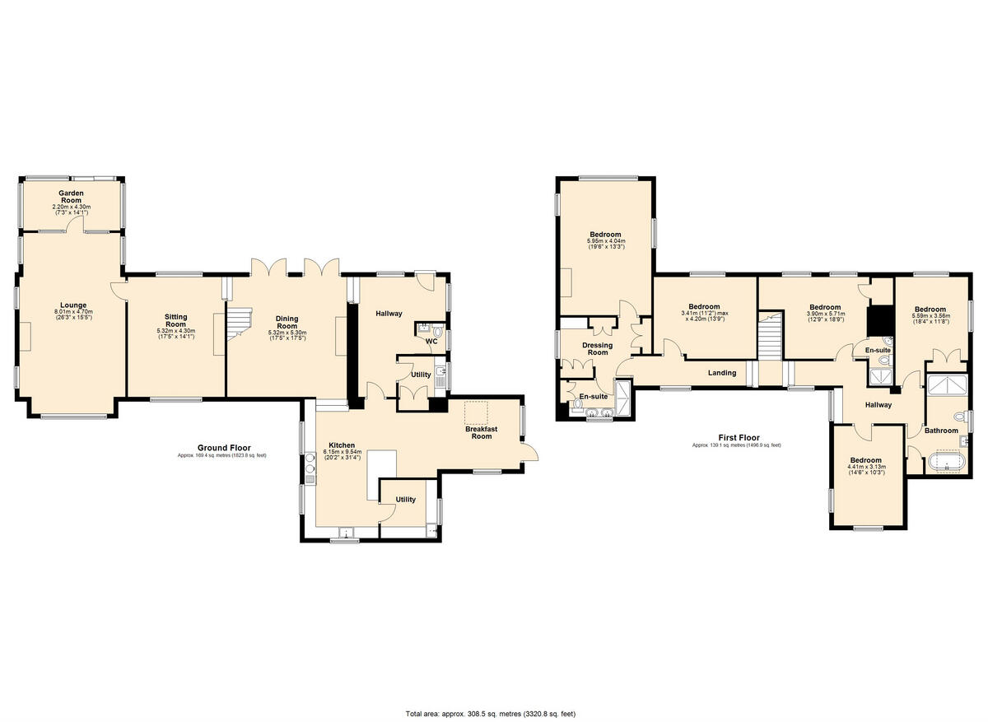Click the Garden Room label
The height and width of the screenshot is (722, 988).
point(71,196)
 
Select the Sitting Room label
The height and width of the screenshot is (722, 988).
point(175,321)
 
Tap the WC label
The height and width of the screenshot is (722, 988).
point(431,341)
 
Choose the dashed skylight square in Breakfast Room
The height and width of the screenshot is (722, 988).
point(476,412)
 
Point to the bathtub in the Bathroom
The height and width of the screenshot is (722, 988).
point(945,463)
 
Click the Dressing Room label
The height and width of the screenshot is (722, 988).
point(597,348)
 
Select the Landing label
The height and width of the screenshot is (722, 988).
point(722,373)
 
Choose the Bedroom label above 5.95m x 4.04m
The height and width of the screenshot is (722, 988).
point(605,234)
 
